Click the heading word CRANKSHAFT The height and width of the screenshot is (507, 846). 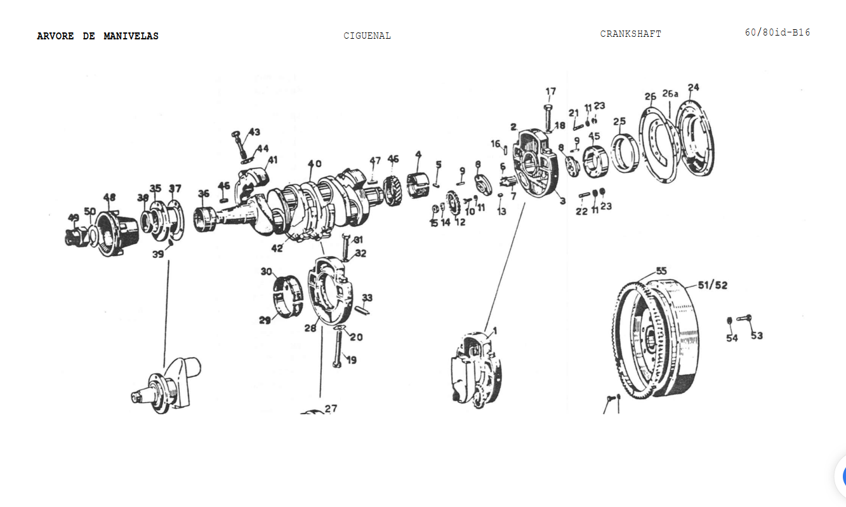pos(630,34)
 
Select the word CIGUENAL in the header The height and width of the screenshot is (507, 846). pos(367,36)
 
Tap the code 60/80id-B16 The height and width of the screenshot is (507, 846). pos(777,32)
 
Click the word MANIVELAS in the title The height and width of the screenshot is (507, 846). pos(131,36)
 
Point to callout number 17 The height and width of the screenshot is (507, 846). pos(551,91)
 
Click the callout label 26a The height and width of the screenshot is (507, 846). pos(670,93)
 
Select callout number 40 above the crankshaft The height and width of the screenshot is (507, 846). pos(315,164)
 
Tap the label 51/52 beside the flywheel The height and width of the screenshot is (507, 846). pos(712,285)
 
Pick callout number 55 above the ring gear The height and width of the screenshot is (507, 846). pos(661,271)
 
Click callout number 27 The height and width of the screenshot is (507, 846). pos(331,409)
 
